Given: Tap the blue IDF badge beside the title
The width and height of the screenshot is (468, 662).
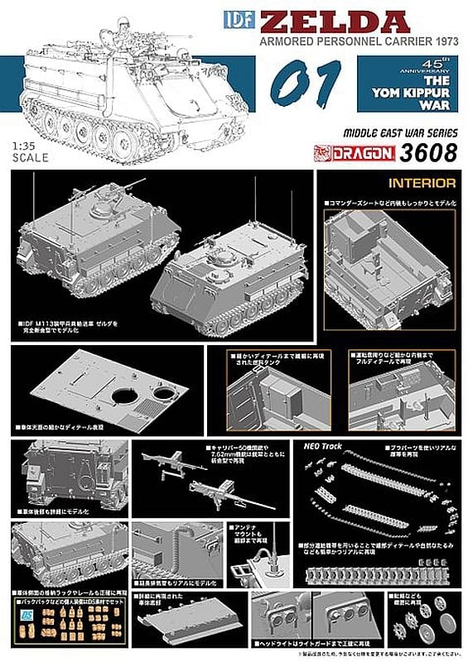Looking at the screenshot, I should (236, 17).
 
